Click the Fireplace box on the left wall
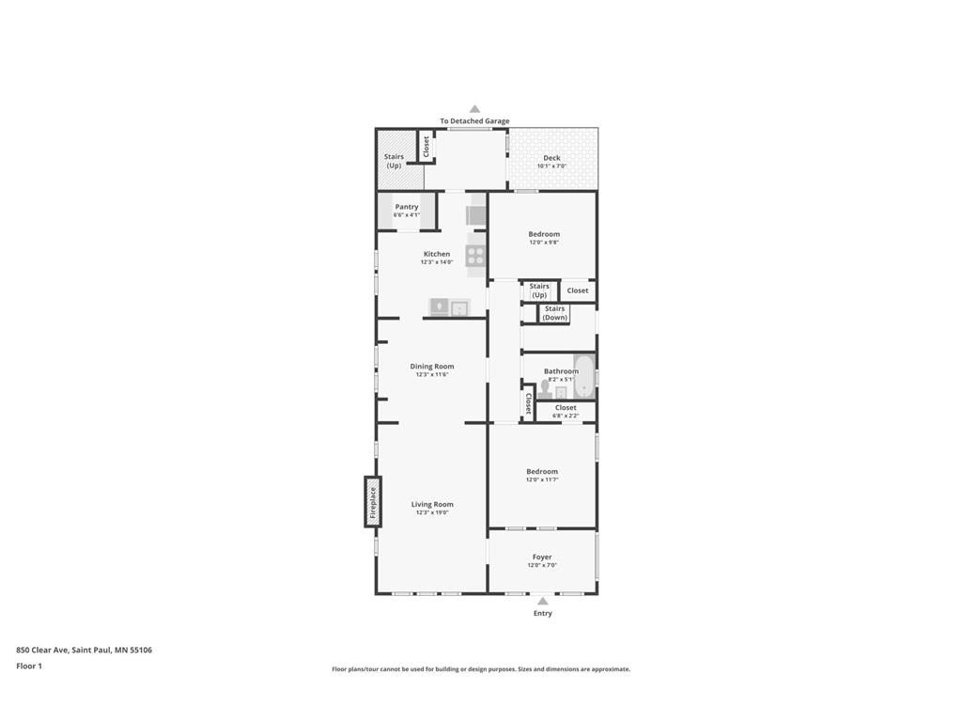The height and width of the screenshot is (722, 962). (373, 502)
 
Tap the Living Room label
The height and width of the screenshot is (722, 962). (432, 505)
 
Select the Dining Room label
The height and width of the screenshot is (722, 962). (432, 367)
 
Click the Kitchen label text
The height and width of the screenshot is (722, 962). (437, 254)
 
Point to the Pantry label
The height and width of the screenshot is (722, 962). (407, 207)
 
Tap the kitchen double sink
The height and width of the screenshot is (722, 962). (449, 307)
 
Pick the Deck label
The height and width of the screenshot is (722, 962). (551, 158)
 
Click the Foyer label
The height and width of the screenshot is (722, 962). (542, 557)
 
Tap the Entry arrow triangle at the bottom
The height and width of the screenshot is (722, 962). (543, 601)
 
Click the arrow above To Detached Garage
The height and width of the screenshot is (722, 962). (474, 109)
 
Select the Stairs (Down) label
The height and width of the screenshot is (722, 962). (555, 313)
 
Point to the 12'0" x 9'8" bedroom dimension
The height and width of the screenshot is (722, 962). (544, 243)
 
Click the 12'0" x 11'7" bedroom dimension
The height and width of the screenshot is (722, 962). (542, 479)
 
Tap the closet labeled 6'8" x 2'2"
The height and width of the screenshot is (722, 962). (566, 411)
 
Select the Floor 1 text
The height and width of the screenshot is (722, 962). (29, 666)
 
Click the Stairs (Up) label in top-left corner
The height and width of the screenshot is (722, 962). (395, 161)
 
